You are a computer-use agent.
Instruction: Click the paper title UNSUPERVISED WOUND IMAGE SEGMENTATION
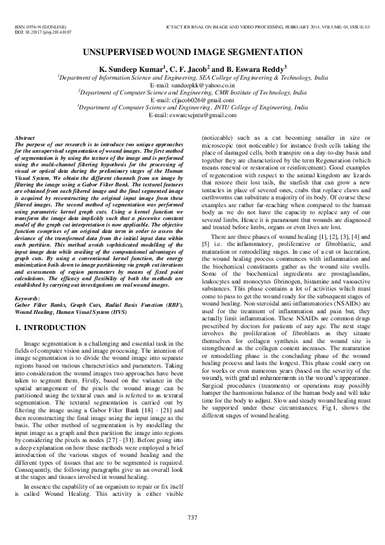pyautogui.click(x=192, y=50)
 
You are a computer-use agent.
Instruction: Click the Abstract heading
pyautogui.click(x=25, y=139)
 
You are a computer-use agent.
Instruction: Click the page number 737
pyautogui.click(x=192, y=517)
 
